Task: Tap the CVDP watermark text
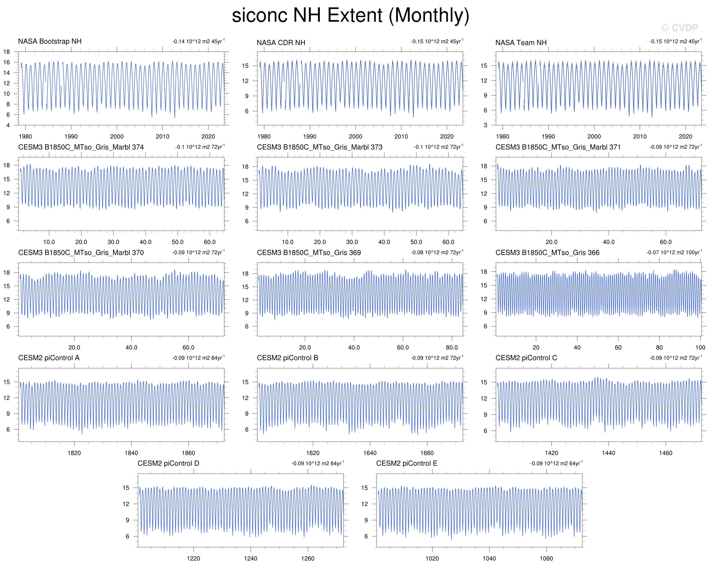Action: [x=679, y=28]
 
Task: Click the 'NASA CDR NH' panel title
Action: [x=281, y=43]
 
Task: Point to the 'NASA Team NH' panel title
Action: [x=521, y=43]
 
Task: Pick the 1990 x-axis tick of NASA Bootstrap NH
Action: [x=71, y=136]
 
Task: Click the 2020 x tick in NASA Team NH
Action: [x=685, y=136]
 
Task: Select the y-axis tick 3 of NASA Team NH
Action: [x=485, y=125]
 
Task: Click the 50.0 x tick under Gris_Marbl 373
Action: [x=416, y=242]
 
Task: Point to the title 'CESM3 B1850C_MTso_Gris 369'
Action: [x=309, y=253]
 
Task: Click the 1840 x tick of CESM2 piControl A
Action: [x=131, y=453]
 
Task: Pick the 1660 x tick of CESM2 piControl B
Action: [x=427, y=453]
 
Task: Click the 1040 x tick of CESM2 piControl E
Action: [x=489, y=558]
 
